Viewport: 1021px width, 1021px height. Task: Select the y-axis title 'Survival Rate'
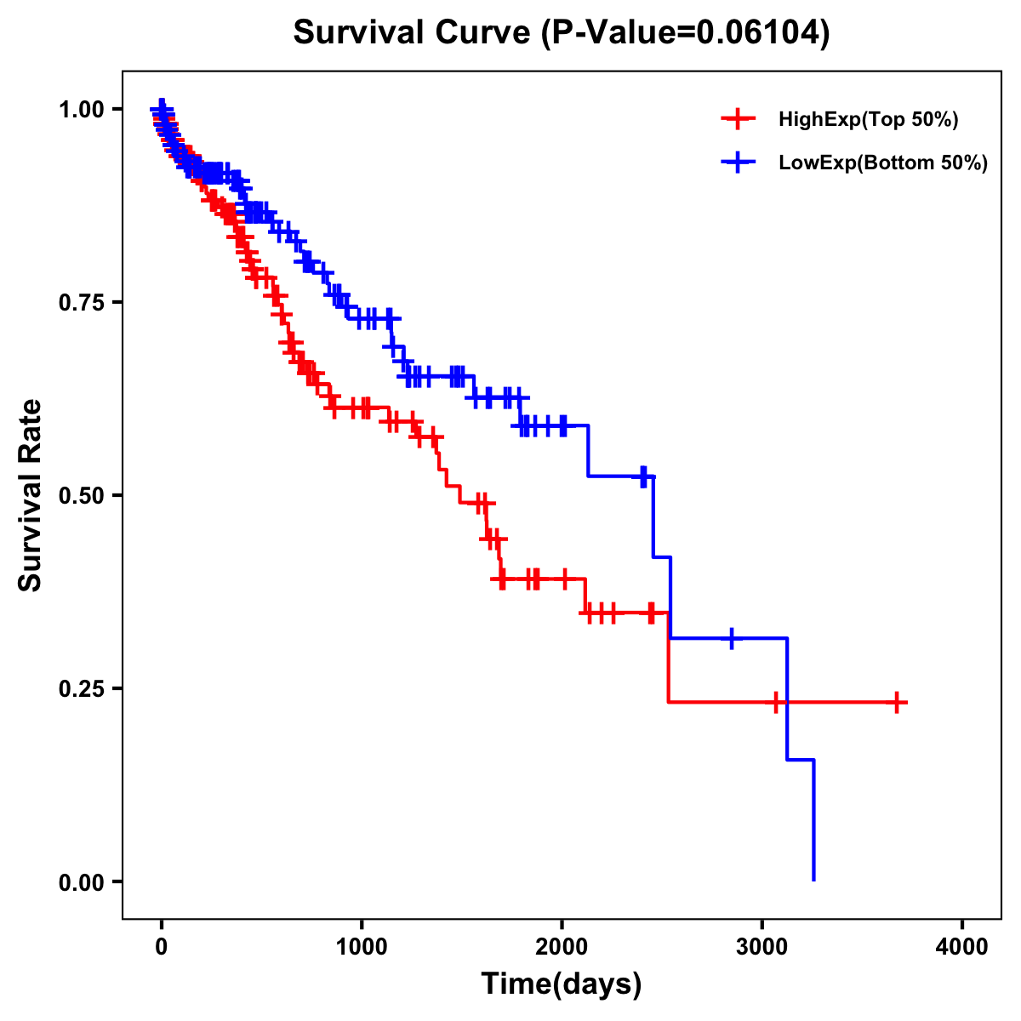coord(31,494)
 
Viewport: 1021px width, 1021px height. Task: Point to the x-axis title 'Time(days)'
coord(562,984)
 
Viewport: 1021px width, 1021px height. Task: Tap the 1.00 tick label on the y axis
coord(81,109)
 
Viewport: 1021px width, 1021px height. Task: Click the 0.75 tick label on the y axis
coord(81,302)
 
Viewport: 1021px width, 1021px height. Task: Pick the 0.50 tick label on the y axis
coord(81,495)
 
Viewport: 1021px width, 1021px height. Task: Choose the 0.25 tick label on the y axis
coord(81,688)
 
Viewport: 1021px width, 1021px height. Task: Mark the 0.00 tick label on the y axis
coord(81,881)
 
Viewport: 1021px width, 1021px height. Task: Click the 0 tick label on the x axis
coord(162,947)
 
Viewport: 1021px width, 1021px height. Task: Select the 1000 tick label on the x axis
coord(362,947)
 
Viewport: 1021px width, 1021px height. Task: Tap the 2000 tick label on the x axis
coord(562,947)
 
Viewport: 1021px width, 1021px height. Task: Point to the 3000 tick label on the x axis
coord(762,947)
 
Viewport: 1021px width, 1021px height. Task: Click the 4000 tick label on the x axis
coord(962,947)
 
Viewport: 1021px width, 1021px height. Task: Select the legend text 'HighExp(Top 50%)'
coord(869,120)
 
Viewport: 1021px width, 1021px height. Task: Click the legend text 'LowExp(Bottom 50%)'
coord(883,163)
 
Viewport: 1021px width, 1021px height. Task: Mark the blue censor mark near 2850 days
coord(731,637)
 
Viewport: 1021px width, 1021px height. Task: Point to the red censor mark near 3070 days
coord(776,702)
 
